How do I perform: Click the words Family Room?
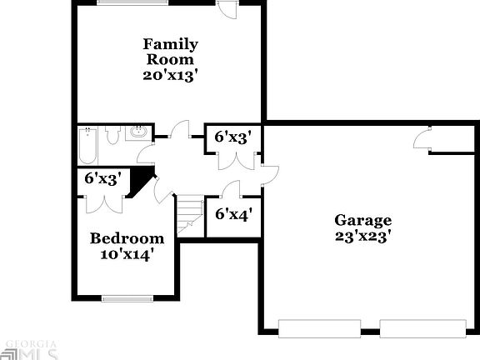tap(170, 52)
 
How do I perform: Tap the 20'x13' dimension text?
tap(170, 75)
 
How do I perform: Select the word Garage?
tap(362, 220)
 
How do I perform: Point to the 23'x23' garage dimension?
tap(362, 236)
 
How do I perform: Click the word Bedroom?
tap(127, 237)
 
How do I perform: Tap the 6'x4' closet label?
tap(233, 214)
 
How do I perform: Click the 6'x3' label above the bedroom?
tap(103, 177)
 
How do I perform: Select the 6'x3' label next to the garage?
tap(233, 137)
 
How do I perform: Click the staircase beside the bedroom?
tap(191, 214)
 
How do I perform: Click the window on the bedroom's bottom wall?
tap(126, 297)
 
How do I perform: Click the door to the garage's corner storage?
tap(422, 139)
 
